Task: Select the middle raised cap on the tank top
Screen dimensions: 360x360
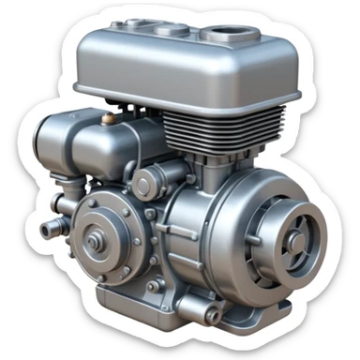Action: [x=173, y=30]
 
